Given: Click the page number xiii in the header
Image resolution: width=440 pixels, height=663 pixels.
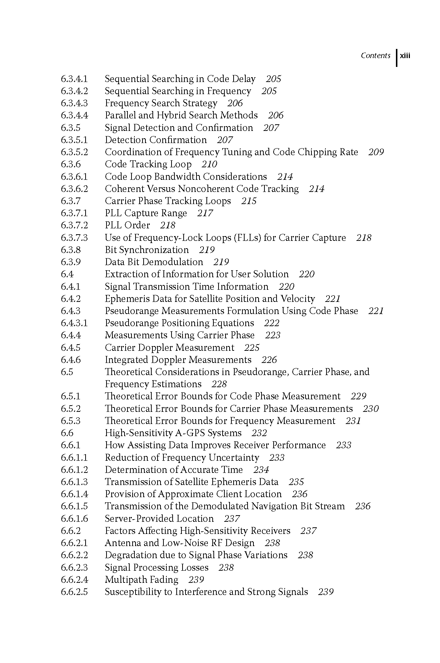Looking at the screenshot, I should [405, 56].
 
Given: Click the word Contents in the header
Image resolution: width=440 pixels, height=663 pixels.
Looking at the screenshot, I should [375, 56].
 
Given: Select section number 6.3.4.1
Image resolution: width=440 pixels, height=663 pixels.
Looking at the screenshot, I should [74, 79].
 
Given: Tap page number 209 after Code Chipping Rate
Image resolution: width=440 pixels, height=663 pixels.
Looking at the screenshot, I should [376, 152].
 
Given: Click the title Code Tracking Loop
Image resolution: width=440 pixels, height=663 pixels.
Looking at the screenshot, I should [148, 164].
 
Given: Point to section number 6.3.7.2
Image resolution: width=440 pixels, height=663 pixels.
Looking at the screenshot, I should [74, 225].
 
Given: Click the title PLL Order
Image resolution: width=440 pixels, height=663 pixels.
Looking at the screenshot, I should [127, 225].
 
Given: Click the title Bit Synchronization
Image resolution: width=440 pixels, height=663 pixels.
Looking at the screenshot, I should [147, 250].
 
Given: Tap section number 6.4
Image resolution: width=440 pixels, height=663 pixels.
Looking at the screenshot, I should [67, 274].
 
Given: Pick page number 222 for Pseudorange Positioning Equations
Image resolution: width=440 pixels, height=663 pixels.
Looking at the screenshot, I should [271, 323].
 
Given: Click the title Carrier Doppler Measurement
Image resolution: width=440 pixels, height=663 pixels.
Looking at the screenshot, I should [169, 348].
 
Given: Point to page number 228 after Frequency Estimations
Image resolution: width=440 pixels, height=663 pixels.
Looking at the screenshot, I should [219, 384].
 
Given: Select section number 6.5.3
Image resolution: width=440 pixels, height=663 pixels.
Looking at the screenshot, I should [71, 421].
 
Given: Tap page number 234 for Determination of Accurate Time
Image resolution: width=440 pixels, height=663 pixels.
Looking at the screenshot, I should [261, 470].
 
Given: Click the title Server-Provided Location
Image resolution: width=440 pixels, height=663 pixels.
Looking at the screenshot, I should [159, 519].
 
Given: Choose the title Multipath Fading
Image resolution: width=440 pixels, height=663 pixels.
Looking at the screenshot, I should [141, 580].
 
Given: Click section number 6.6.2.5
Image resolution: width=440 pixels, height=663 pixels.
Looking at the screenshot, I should [74, 592].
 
